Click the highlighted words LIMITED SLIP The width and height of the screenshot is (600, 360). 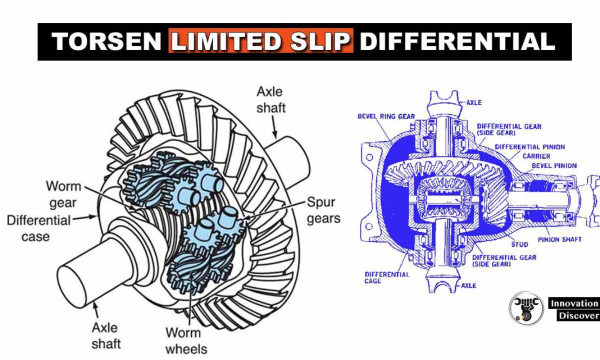[260, 42]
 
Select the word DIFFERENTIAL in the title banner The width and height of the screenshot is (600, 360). [457, 42]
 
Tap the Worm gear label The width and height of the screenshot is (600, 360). [63, 194]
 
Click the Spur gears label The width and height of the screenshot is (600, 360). [323, 210]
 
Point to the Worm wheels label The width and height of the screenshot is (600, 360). [185, 340]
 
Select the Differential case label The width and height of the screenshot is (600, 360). [39, 228]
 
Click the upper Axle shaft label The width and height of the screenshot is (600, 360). [270, 99]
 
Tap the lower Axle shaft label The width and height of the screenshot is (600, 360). [105, 335]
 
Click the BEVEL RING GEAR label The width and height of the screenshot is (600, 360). [386, 116]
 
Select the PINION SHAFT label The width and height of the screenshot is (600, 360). [559, 239]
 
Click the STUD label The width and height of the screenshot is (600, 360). [519, 244]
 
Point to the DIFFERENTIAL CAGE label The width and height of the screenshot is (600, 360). [386, 277]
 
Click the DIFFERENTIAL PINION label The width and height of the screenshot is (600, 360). [529, 147]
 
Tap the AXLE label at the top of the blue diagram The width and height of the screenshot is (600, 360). [473, 102]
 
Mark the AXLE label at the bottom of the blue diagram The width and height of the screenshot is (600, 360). [468, 285]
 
